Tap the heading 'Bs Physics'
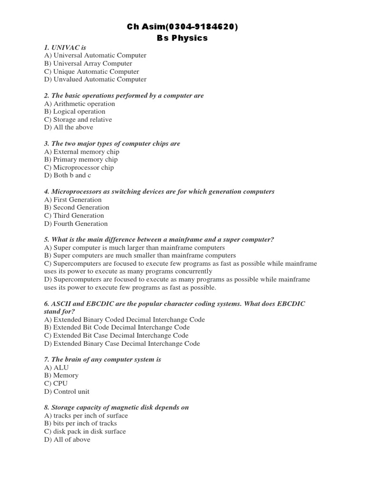(182, 38)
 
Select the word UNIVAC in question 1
(65, 48)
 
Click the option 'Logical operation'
(75, 112)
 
